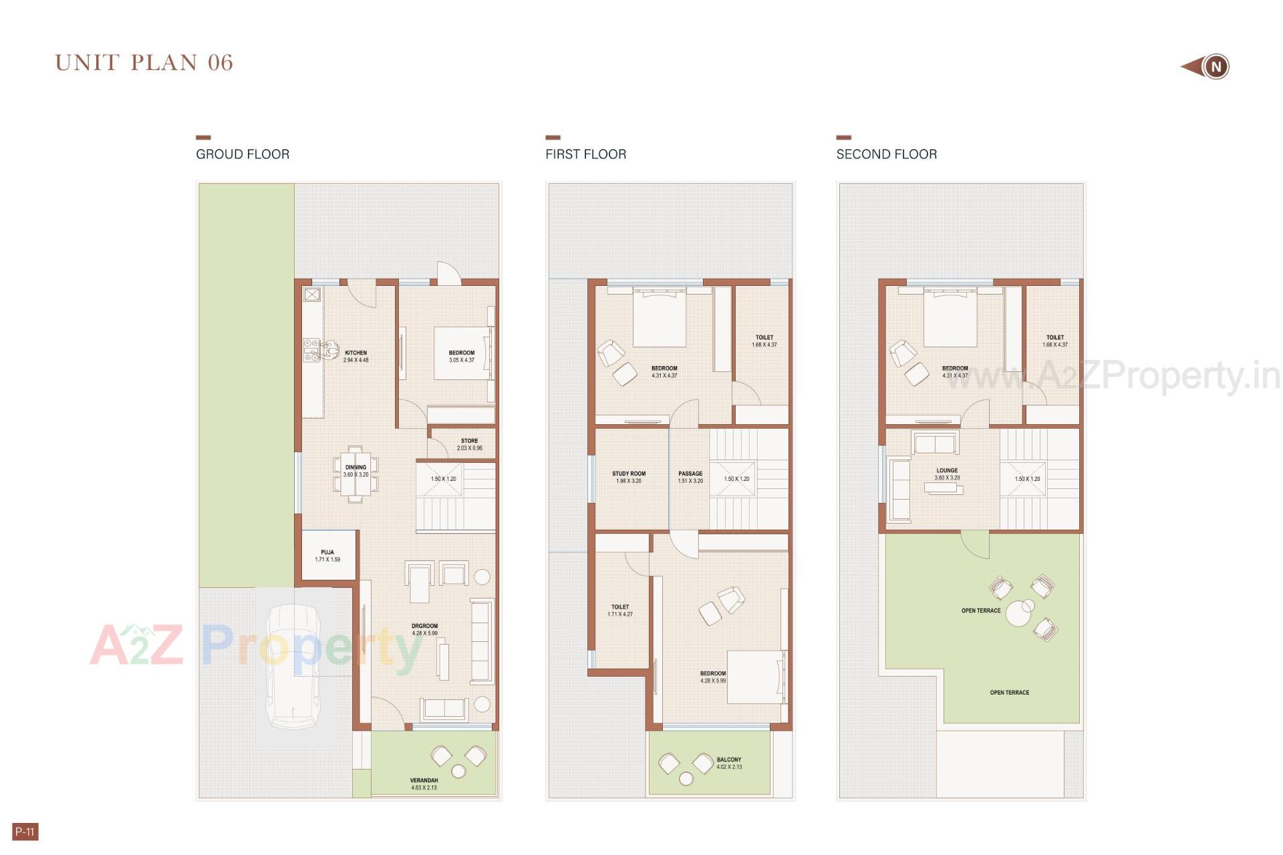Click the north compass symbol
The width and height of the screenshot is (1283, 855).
[x=1215, y=67]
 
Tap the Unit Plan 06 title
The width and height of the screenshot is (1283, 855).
[x=144, y=63]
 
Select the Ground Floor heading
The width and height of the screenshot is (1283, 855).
[x=243, y=154]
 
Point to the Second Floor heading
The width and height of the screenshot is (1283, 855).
[x=886, y=154]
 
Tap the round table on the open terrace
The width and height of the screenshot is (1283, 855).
[x=1019, y=614]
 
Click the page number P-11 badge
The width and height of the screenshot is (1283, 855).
[x=25, y=832]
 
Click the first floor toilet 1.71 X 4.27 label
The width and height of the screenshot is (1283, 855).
[x=620, y=611]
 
